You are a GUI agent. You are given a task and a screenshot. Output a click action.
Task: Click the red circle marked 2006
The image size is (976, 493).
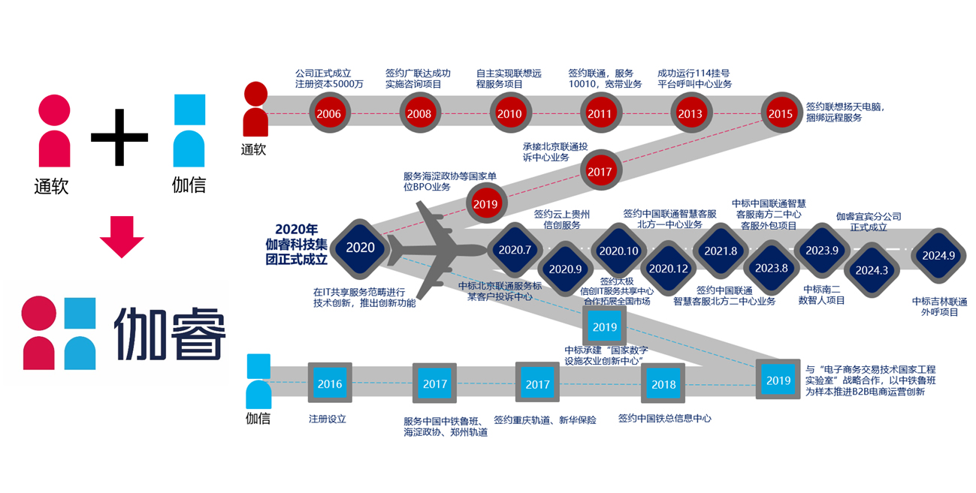(329, 114)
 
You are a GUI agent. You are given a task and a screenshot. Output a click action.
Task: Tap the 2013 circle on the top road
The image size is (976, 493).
(690, 114)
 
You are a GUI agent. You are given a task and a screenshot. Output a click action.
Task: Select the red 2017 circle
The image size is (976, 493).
(600, 171)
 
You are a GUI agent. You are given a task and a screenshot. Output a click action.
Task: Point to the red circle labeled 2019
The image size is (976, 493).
(485, 204)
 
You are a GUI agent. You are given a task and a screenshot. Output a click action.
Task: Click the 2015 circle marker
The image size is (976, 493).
(781, 114)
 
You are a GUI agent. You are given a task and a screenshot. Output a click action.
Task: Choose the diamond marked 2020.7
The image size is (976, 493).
(515, 249)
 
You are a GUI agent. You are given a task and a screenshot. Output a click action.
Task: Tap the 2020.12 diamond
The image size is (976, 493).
(668, 268)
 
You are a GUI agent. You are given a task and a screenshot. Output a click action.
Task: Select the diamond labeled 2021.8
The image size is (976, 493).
(721, 251)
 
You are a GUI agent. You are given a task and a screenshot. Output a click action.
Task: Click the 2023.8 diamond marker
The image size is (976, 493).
(771, 268)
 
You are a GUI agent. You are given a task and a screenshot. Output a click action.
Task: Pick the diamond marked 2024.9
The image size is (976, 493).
(938, 255)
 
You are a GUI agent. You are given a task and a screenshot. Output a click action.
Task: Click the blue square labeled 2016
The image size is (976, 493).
(330, 384)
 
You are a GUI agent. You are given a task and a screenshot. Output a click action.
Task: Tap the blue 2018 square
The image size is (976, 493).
(663, 384)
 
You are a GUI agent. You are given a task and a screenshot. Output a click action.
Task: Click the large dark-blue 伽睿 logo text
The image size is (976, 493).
(170, 333)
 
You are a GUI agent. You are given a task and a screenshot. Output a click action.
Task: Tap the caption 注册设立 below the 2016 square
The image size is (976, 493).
(328, 419)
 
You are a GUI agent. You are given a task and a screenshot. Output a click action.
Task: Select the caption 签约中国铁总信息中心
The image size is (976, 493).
(664, 419)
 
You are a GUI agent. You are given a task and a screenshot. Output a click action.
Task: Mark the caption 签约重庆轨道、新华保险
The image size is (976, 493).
(545, 420)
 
